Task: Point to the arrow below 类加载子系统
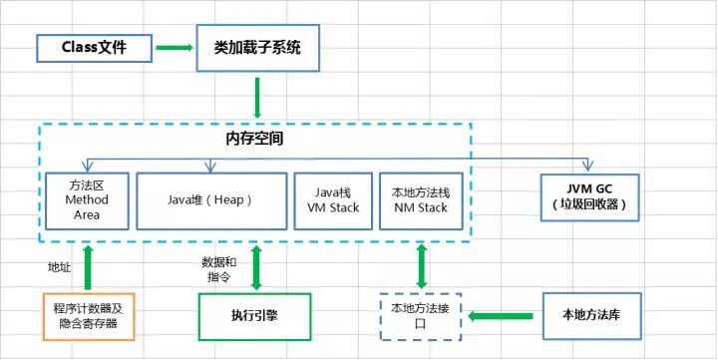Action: (x=257, y=97)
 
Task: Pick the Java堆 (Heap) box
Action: (x=209, y=199)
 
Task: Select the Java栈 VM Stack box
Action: (x=332, y=199)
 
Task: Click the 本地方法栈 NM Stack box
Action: (x=419, y=199)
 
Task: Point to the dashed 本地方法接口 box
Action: (x=421, y=316)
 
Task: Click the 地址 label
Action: (x=60, y=267)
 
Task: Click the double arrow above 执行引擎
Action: (x=257, y=266)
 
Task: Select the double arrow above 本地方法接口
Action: (x=421, y=266)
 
